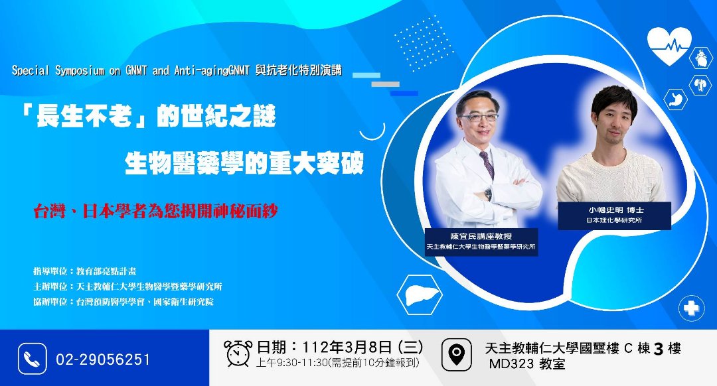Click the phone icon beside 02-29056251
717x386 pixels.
(32, 359)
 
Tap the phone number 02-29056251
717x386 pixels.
(103, 359)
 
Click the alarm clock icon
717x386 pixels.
(238, 353)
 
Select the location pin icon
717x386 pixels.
(456, 354)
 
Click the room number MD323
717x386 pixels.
(511, 364)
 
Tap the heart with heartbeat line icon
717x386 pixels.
(669, 44)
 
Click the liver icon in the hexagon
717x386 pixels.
(420, 294)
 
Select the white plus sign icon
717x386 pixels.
(691, 308)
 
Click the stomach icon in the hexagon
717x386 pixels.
(675, 99)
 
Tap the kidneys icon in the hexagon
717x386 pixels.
(700, 84)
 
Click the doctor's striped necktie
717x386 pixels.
(487, 164)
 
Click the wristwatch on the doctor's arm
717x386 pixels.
(489, 194)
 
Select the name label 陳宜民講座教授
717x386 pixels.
(481, 236)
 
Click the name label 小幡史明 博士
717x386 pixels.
(615, 210)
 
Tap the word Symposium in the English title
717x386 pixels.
(80, 71)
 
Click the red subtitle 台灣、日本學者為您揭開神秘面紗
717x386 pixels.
(155, 211)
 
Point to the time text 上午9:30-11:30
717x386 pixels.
(292, 363)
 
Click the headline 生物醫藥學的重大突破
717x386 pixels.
(244, 163)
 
